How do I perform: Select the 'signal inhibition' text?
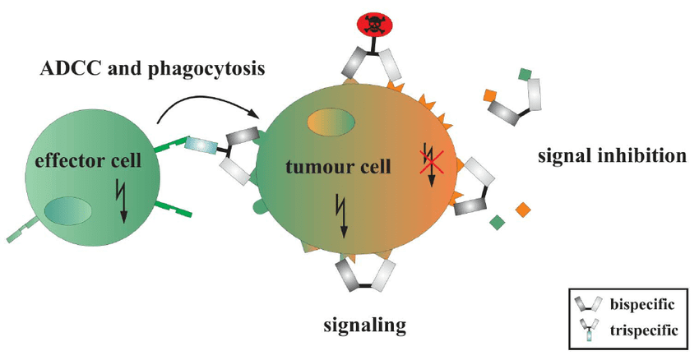[610, 155]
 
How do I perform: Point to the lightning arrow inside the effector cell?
[123, 201]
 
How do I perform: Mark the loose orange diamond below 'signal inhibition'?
[521, 210]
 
